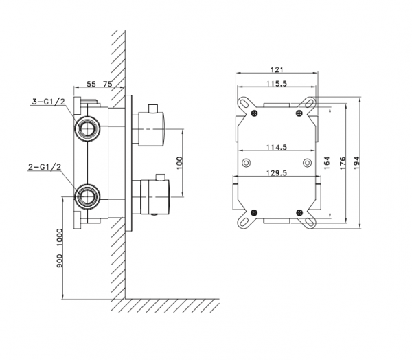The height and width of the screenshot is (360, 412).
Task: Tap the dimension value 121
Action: coord(277,69)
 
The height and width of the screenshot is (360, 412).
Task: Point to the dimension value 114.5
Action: coord(277,146)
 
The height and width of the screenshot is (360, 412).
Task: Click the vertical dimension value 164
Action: coord(328,162)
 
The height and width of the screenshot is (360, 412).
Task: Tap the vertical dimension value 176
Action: coord(344,162)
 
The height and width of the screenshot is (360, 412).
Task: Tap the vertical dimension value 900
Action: coord(60,258)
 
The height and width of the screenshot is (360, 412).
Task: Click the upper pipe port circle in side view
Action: coord(87,128)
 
